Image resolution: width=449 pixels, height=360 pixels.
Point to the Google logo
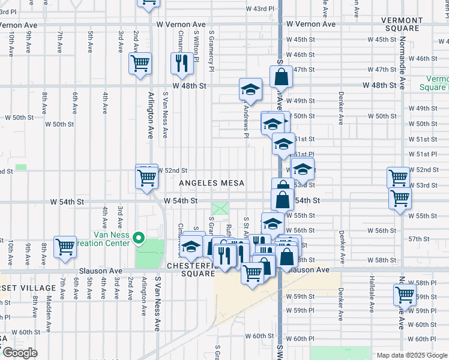point(19,353)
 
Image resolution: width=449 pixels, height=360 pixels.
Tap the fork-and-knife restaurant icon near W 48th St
point(181,64)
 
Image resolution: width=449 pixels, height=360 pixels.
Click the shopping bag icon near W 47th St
point(281,77)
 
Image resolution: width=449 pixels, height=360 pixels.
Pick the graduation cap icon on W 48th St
point(250,90)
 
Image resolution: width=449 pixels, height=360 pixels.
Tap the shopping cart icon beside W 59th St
point(405,295)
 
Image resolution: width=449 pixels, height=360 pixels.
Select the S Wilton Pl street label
point(196,49)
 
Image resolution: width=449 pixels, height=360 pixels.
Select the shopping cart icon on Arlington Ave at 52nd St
point(146,178)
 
